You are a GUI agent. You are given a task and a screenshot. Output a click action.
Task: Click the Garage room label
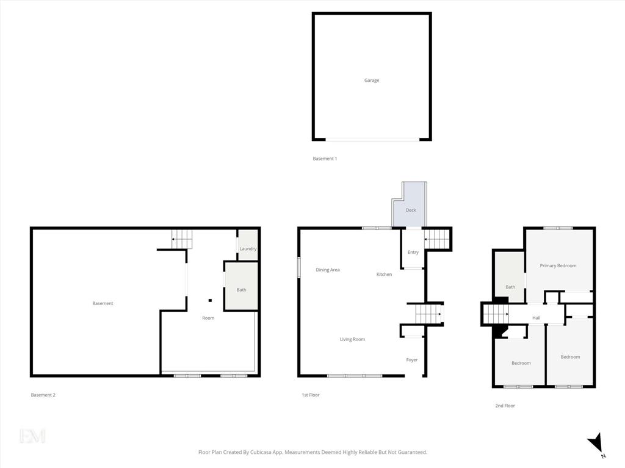point(372,81)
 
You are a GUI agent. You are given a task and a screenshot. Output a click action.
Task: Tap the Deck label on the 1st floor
point(411,210)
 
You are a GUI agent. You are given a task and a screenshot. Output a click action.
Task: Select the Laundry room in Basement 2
point(248,245)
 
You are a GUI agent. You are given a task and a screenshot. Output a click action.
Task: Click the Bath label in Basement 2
point(241,290)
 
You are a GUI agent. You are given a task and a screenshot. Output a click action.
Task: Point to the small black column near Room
point(210,301)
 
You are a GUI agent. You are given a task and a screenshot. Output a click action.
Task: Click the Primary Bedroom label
point(558,265)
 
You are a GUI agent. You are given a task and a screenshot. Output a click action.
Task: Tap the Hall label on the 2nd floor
point(536,318)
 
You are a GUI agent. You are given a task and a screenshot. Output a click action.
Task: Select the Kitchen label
point(385,274)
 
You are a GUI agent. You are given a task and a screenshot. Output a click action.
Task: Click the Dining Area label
point(328,270)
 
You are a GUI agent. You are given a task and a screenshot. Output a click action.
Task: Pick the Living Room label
point(352,339)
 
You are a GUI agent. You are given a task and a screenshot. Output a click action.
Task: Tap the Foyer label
point(412,360)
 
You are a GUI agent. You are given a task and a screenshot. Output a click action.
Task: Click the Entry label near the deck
point(413,253)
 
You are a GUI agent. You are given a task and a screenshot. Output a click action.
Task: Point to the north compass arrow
point(595,443)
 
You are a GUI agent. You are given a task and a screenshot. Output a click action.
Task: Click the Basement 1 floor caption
point(325,159)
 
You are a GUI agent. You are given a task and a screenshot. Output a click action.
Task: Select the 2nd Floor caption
point(505,406)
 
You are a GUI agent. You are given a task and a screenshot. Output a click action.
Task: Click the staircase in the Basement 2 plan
point(182,239)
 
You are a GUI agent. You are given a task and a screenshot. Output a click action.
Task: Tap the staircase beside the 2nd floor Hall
point(496,314)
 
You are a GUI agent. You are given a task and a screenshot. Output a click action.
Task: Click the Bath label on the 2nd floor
point(510,287)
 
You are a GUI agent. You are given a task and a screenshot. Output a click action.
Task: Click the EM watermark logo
point(32,436)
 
